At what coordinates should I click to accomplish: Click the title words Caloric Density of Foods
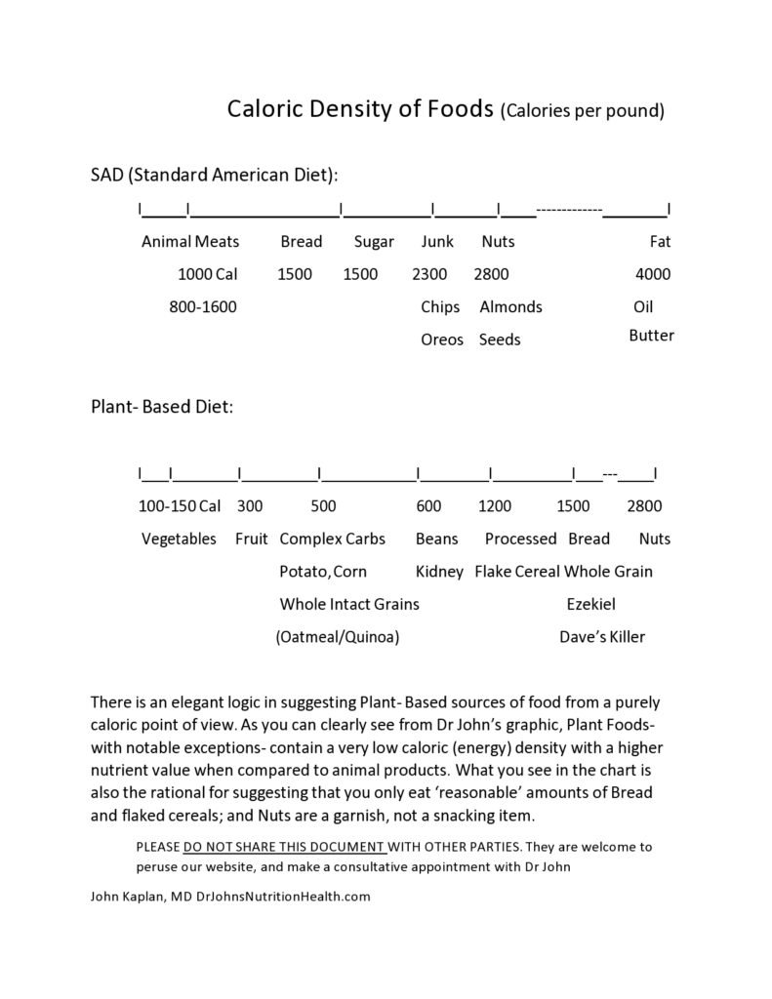coord(360,108)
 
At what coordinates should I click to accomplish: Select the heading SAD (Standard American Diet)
coord(214,176)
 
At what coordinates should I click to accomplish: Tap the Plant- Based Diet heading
coord(161,406)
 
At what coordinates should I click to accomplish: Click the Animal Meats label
coord(190,242)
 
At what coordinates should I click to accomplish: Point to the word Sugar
coord(373,242)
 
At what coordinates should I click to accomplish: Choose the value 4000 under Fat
coord(653,274)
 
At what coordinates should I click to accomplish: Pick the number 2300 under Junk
coord(429,274)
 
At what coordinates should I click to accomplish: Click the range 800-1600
coord(203,306)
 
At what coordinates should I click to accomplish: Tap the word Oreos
coord(442,340)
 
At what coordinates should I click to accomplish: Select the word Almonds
coord(510,306)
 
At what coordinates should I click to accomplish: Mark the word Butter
coord(651,336)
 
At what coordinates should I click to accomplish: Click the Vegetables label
coord(179,539)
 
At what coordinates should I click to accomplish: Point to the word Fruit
coord(252,539)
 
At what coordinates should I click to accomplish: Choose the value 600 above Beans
coord(428,506)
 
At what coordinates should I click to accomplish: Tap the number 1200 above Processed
coord(495,506)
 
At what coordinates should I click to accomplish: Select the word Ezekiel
coord(591,604)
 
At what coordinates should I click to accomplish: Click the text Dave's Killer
coord(602,637)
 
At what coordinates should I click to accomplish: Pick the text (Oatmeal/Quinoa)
coord(338,637)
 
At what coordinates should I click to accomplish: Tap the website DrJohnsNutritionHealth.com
coord(283,897)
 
